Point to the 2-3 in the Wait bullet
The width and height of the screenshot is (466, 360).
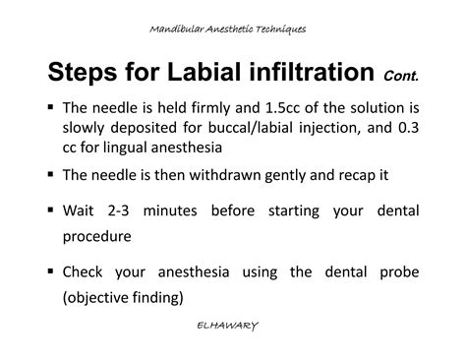pyautogui.click(x=121, y=210)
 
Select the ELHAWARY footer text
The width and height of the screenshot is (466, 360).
pyautogui.click(x=233, y=323)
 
